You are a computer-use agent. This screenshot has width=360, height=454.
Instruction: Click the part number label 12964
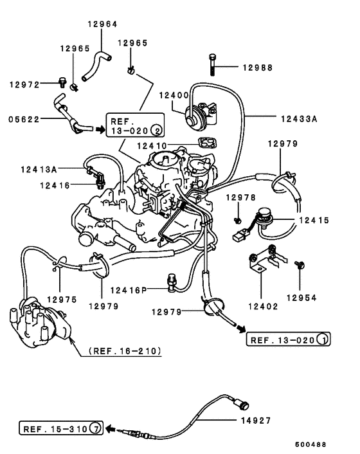pos(103,24)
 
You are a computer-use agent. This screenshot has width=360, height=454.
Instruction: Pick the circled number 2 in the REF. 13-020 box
pos(157,132)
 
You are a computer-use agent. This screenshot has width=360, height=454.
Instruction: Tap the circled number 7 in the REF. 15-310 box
pos(94,428)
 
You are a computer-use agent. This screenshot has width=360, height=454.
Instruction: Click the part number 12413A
pos(39,169)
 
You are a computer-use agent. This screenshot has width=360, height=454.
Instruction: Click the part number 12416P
pos(129,290)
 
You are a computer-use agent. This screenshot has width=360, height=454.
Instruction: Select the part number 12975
pos(62,299)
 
